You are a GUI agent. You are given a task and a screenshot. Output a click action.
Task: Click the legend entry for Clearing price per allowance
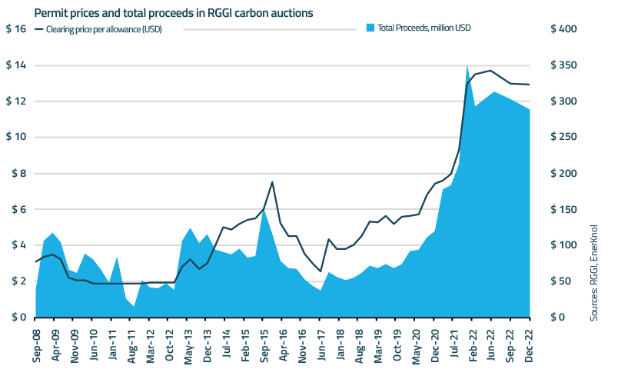[103, 29]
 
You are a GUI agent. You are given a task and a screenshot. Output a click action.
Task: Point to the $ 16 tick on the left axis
[17, 29]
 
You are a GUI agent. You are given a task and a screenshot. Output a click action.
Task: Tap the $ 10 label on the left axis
[17, 138]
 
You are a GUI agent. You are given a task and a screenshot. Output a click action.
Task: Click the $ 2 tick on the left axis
[17, 281]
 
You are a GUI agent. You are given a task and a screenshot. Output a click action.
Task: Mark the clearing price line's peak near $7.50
[272, 182]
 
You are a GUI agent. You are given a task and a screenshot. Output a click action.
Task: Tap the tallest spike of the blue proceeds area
[467, 66]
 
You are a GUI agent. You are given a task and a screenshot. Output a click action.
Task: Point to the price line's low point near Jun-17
[321, 271]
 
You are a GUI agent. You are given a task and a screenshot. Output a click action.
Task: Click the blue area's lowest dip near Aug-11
[135, 307]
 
